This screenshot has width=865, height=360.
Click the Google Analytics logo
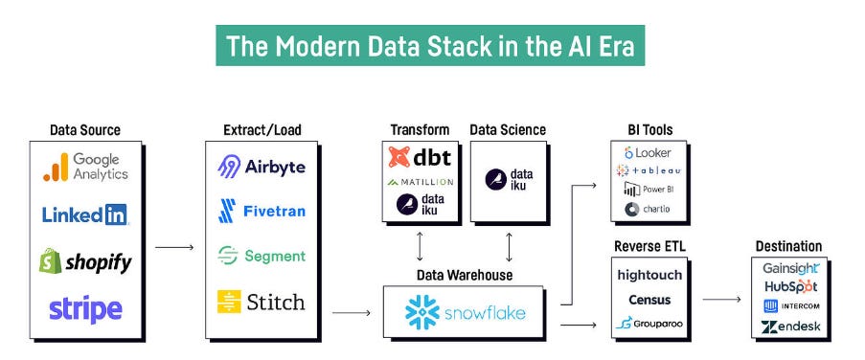tap(85, 167)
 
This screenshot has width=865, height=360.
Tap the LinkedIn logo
tap(85, 214)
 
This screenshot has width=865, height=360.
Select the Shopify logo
tap(85, 260)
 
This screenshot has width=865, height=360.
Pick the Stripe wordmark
tap(85, 308)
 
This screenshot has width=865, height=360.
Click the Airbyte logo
tap(262, 167)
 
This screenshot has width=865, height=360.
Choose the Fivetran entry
tap(262, 211)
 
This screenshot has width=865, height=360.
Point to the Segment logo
tap(262, 256)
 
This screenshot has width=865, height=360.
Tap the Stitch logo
tap(262, 302)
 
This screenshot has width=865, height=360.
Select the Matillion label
tap(421, 181)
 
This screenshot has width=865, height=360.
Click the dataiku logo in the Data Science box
tap(509, 177)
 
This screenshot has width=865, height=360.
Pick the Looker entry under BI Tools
tap(648, 152)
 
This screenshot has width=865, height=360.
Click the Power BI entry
tap(648, 190)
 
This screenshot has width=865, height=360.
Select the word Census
tap(649, 299)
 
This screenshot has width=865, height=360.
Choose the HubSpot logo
tap(789, 286)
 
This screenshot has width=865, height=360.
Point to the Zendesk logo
tap(789, 327)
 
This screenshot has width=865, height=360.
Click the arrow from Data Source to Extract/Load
tap(173, 247)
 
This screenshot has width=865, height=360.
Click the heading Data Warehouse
tap(464, 275)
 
